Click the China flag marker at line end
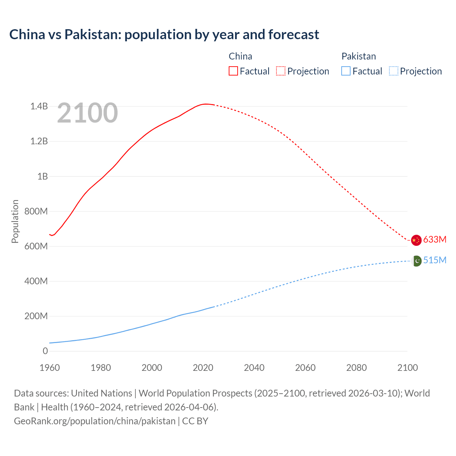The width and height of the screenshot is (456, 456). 416,240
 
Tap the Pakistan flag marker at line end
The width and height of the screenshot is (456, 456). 416,261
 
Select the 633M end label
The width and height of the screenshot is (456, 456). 435,239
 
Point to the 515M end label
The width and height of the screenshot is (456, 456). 435,260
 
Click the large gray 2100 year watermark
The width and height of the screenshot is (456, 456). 87,113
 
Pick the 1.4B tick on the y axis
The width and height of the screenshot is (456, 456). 39,106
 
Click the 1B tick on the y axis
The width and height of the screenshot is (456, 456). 42,176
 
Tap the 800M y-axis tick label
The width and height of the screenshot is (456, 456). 36,211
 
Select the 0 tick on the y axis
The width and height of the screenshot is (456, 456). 45,351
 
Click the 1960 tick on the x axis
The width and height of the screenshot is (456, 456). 50,368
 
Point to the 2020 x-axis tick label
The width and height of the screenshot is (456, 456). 203,368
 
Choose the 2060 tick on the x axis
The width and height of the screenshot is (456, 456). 305,368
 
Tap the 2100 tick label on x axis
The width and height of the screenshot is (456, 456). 407,368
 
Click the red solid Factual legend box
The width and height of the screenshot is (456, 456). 233,71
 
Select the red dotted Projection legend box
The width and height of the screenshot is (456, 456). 281,71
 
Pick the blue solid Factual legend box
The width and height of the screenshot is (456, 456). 346,71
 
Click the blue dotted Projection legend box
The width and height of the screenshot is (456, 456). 393,71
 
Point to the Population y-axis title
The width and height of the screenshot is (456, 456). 15,221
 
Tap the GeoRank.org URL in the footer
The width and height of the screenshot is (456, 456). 94,421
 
